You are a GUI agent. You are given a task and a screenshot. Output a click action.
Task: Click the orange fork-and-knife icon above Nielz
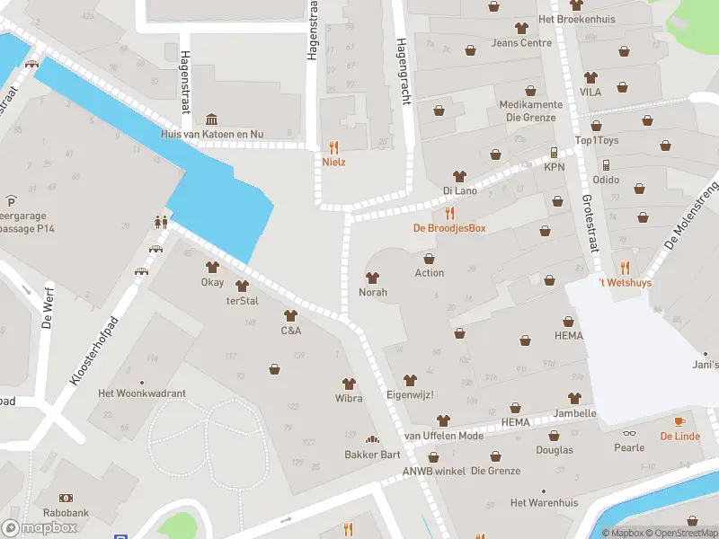pyautogui.click(x=334, y=147)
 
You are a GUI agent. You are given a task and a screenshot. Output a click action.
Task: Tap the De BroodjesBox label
pyautogui.click(x=449, y=228)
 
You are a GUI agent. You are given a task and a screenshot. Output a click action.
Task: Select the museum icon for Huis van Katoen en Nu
pyautogui.click(x=211, y=119)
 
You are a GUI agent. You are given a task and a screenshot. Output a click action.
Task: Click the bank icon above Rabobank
pyautogui.click(x=66, y=498)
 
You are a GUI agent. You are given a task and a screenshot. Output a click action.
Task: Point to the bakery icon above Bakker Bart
pyautogui.click(x=372, y=439)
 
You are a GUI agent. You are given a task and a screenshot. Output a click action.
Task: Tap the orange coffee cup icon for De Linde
pyautogui.click(x=679, y=421)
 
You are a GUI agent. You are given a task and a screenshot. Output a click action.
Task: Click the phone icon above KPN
pyautogui.click(x=554, y=153)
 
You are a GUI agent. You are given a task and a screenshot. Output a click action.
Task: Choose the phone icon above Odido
pyautogui.click(x=606, y=164)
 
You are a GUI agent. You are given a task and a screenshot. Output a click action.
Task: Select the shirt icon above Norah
pyautogui.click(x=372, y=278)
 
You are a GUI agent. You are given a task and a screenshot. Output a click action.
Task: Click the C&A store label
pyautogui.click(x=290, y=331)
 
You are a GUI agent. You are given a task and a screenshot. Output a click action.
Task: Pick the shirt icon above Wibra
pyautogui.click(x=349, y=384)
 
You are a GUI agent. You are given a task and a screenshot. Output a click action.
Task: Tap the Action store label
pyautogui.click(x=430, y=273)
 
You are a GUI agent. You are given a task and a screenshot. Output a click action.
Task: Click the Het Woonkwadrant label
pyautogui.click(x=142, y=393)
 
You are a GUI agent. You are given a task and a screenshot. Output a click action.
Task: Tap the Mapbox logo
pyautogui.click(x=39, y=527)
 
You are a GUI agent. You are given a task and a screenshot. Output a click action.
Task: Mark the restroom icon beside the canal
pyautogui.click(x=161, y=221)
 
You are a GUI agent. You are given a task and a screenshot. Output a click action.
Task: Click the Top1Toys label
pyautogui.click(x=597, y=141)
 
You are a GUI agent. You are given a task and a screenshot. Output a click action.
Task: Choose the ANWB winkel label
pyautogui.click(x=434, y=471)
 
